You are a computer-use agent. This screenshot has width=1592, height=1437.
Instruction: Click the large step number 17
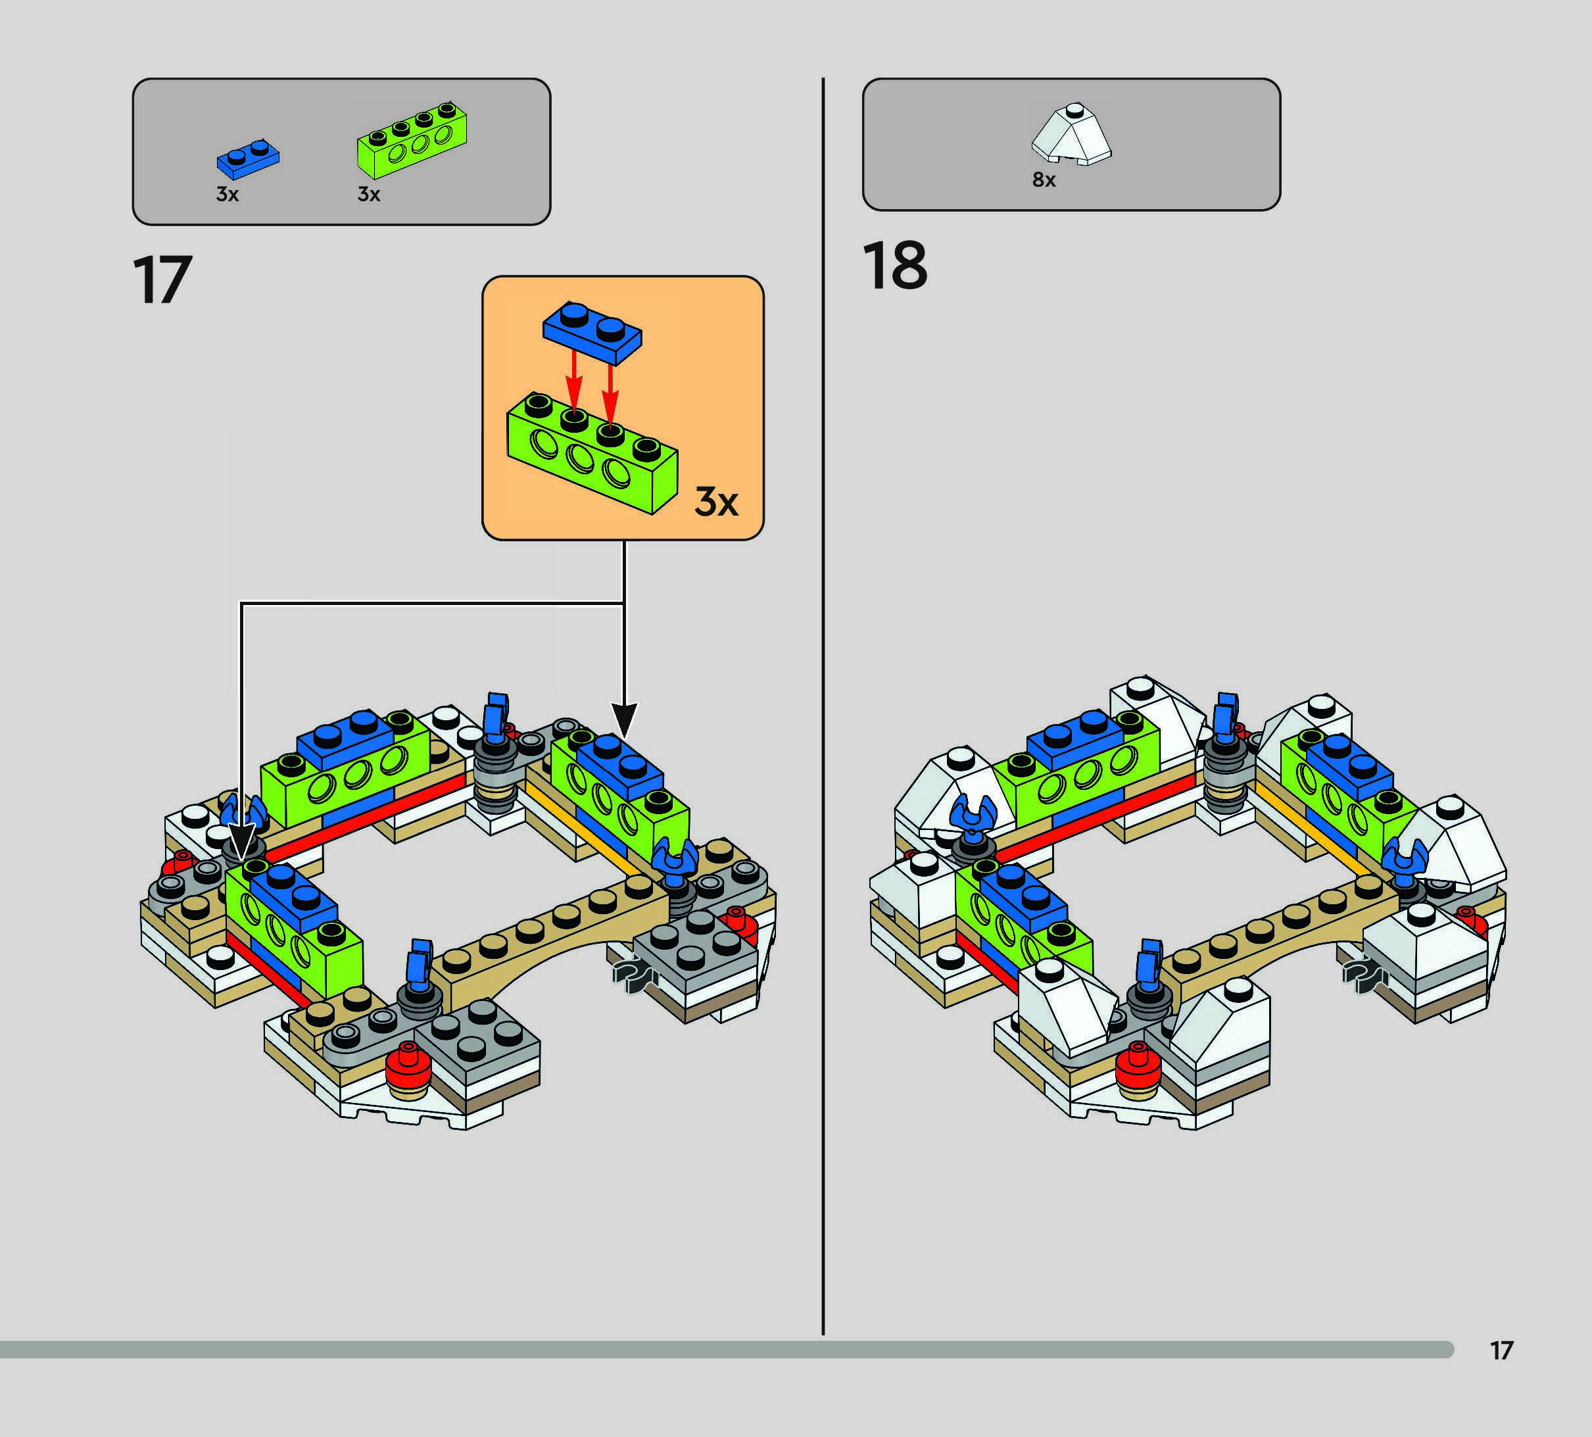point(162,280)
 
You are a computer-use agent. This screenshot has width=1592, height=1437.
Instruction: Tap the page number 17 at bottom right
point(1501,1350)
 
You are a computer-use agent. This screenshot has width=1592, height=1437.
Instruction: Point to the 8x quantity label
point(1044,180)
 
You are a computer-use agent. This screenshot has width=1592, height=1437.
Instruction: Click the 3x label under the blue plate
point(228,194)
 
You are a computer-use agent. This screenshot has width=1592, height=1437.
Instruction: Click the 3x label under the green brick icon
point(369,194)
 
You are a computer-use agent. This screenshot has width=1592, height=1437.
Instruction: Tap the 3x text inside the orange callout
point(716,501)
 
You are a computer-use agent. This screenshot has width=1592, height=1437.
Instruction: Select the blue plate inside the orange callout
point(592,331)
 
